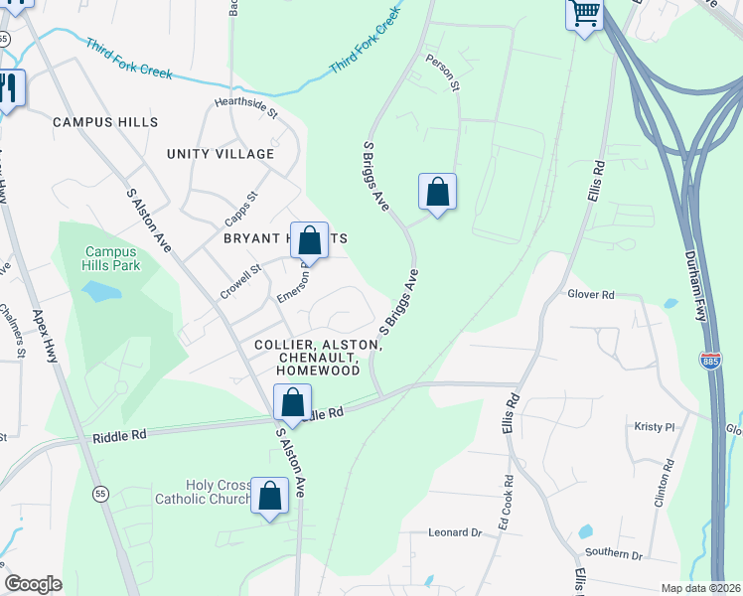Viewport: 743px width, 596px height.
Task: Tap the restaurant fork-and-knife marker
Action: pyautogui.click(x=8, y=89)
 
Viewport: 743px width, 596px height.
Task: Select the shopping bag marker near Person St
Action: pyautogui.click(x=437, y=192)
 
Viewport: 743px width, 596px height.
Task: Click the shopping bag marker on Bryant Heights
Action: pyautogui.click(x=310, y=240)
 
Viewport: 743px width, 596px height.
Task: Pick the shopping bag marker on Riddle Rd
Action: pyautogui.click(x=292, y=403)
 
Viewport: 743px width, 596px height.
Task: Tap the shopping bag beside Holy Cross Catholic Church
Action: pyautogui.click(x=269, y=497)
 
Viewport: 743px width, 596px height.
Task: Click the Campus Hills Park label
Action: pyautogui.click(x=112, y=258)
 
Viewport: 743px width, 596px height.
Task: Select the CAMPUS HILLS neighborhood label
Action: pyautogui.click(x=105, y=122)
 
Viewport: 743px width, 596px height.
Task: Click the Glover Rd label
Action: pyautogui.click(x=592, y=295)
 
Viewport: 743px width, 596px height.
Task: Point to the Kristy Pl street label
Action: pyautogui.click(x=654, y=426)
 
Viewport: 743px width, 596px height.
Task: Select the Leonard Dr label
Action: pyautogui.click(x=455, y=532)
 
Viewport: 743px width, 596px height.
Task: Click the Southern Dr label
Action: pyautogui.click(x=614, y=554)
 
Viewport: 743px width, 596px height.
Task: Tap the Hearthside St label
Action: pyautogui.click(x=246, y=103)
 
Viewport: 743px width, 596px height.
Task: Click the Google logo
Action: pyautogui.click(x=33, y=584)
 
